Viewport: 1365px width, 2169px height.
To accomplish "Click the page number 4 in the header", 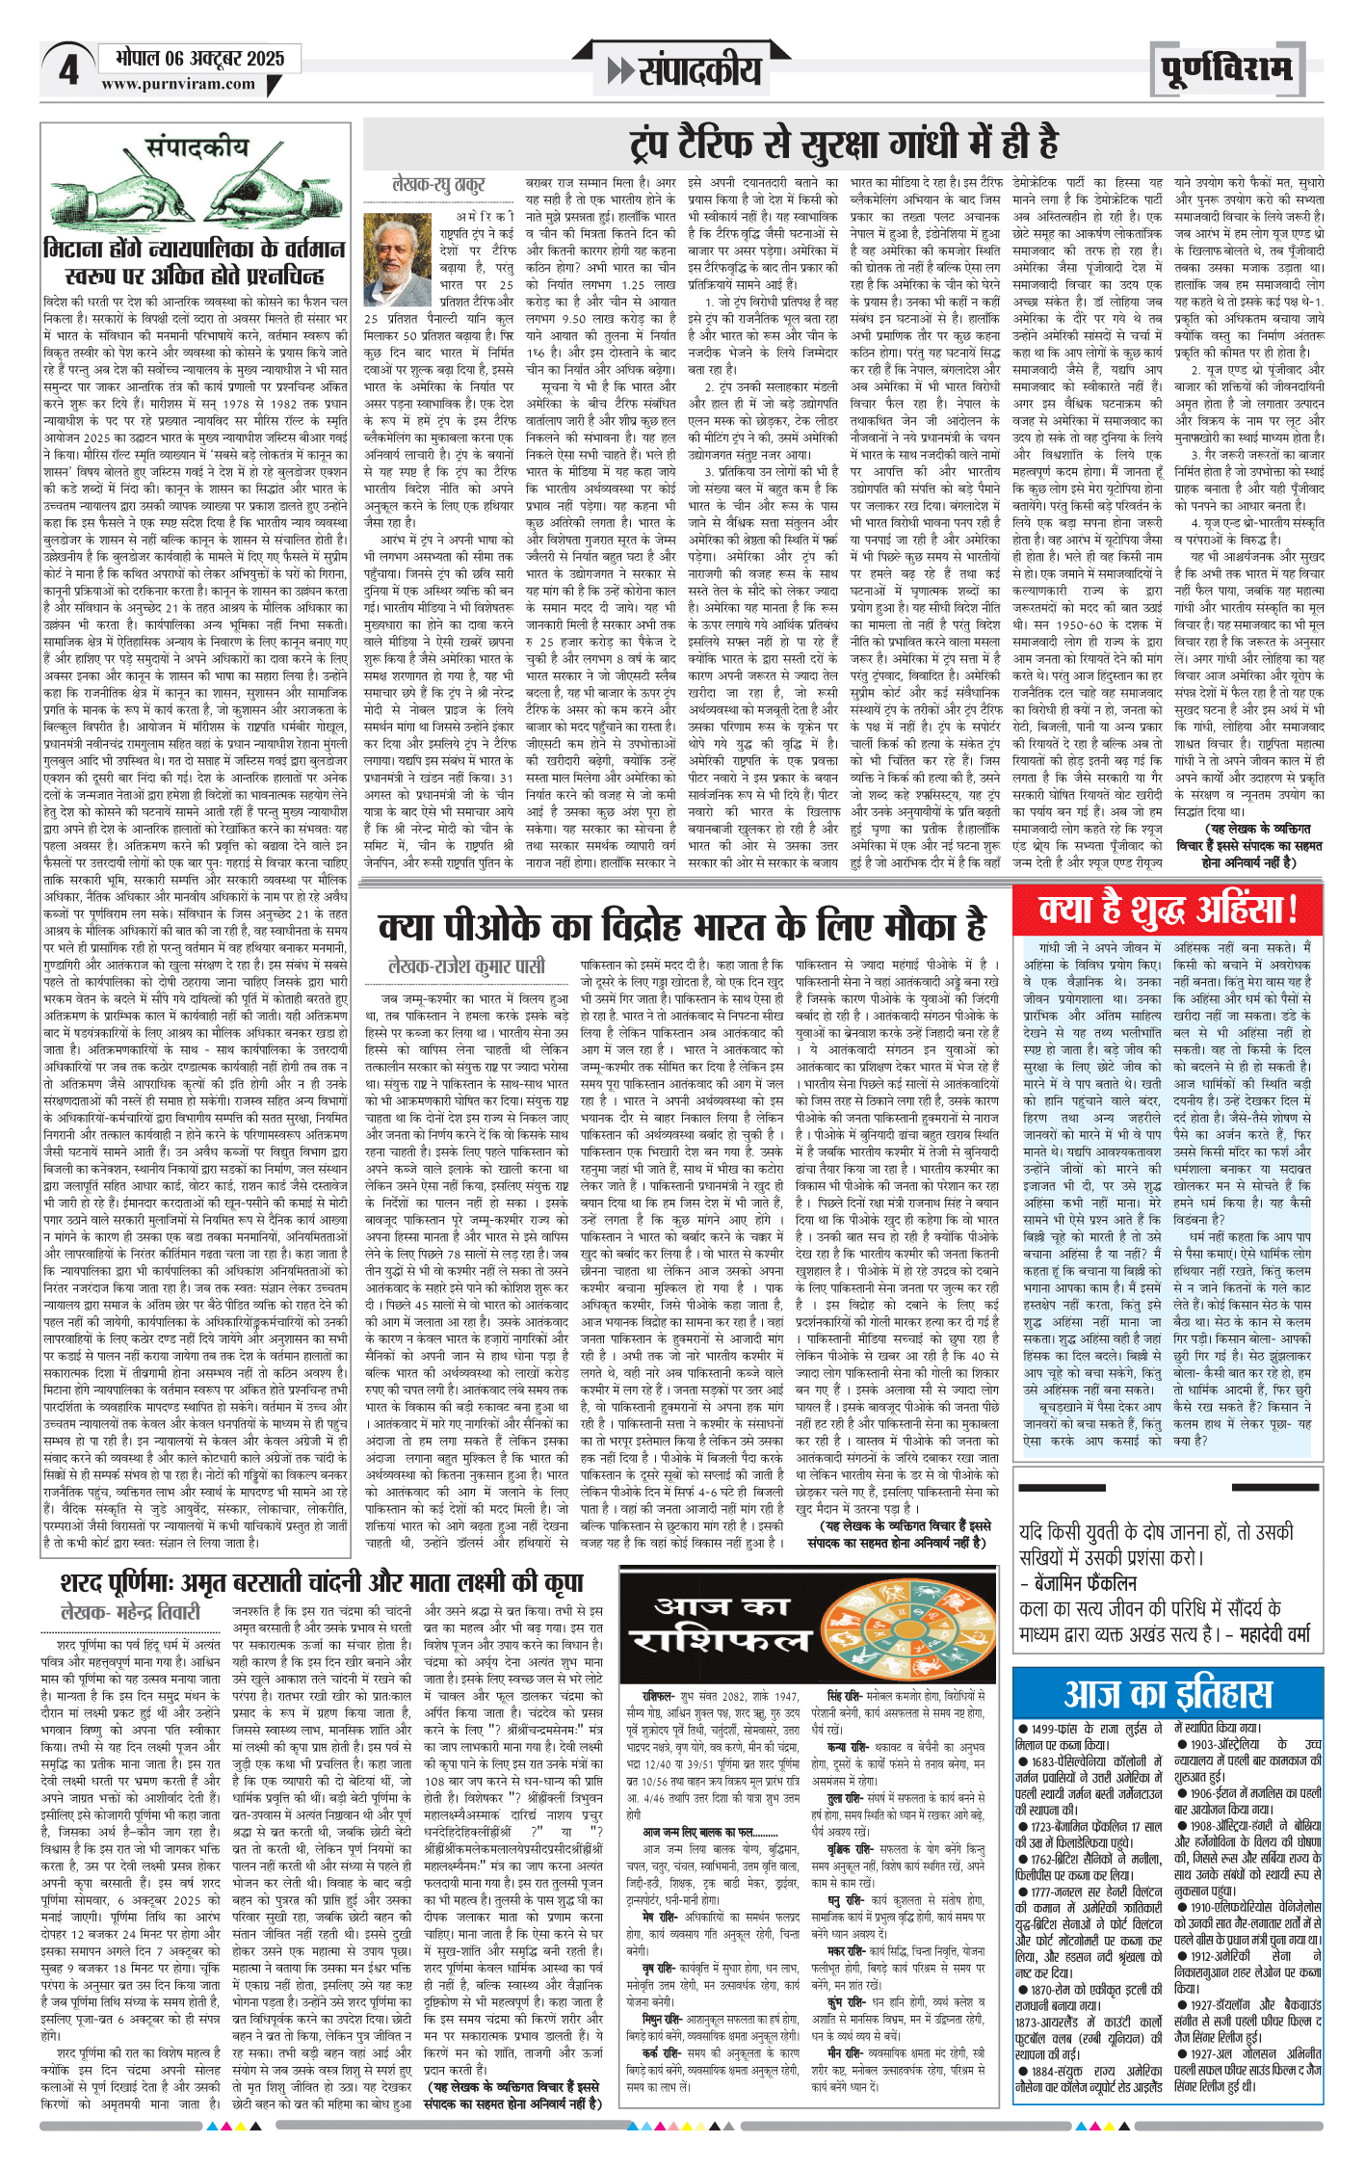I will pyautogui.click(x=68, y=69).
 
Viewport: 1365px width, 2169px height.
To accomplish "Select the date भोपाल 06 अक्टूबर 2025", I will pyautogui.click(x=200, y=58).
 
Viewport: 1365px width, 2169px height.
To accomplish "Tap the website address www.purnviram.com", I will pyautogui.click(x=178, y=84).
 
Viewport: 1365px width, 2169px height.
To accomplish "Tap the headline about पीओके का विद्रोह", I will pyautogui.click(x=683, y=925).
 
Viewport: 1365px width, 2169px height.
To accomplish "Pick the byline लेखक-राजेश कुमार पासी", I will pyautogui.click(x=466, y=965).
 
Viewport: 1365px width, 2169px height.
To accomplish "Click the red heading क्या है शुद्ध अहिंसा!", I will pyautogui.click(x=1168, y=909).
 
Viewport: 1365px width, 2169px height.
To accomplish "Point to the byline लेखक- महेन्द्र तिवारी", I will pyautogui.click(x=131, y=1612).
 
